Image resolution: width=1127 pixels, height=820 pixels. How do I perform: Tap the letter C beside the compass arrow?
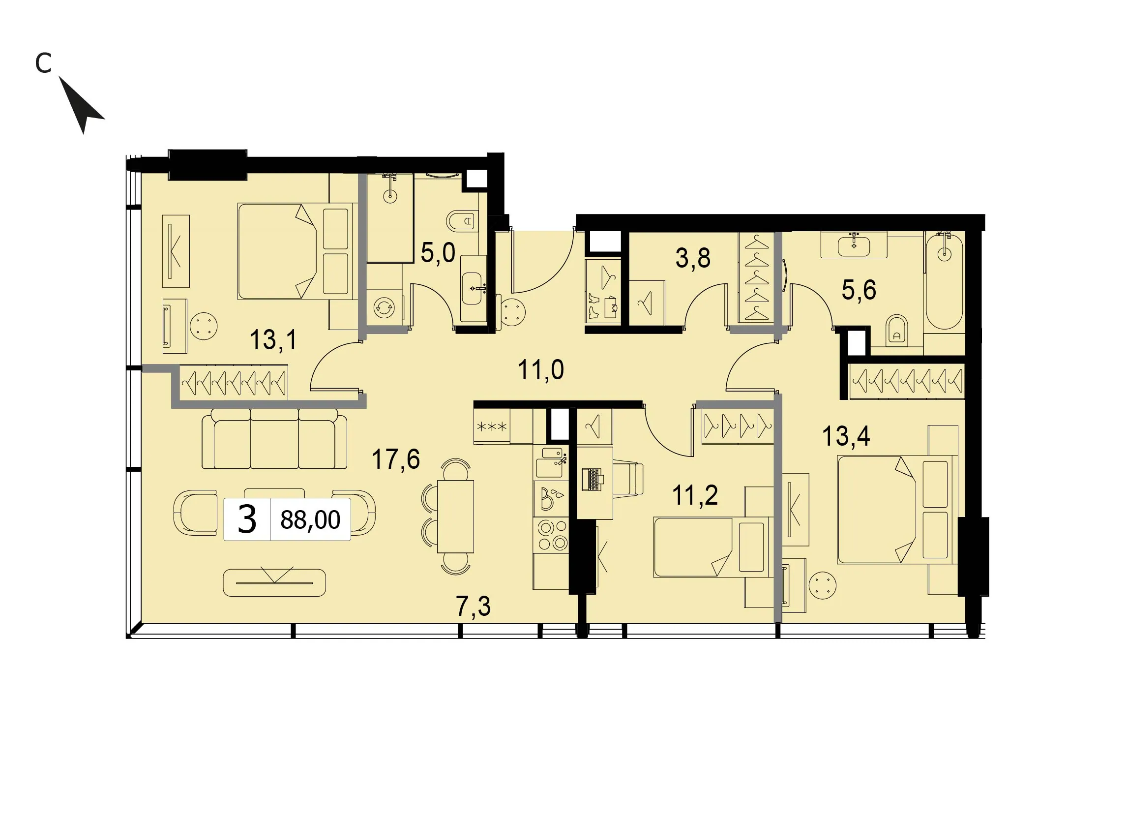pos(44,63)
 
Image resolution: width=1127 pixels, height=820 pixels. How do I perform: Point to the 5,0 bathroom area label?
pos(438,252)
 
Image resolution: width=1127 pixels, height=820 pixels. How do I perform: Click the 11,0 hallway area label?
pos(541,370)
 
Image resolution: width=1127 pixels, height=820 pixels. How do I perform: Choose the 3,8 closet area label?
pos(693,258)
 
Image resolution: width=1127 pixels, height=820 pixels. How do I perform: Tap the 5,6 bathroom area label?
pos(859,290)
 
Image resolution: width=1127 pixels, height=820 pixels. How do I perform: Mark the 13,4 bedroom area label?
pos(846,436)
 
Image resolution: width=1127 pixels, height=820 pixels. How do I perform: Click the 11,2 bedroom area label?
pos(695,495)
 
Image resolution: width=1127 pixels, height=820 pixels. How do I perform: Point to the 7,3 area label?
pos(473,607)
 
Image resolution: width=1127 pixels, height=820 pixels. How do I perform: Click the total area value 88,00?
pos(310,520)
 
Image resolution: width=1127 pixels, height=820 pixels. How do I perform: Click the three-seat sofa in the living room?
pos(274,439)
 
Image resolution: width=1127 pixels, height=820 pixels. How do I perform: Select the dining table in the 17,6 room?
pos(455,516)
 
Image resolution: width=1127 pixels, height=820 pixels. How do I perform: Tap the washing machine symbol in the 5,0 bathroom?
pos(384,308)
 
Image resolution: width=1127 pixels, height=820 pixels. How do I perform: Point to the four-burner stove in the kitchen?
pos(552,535)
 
